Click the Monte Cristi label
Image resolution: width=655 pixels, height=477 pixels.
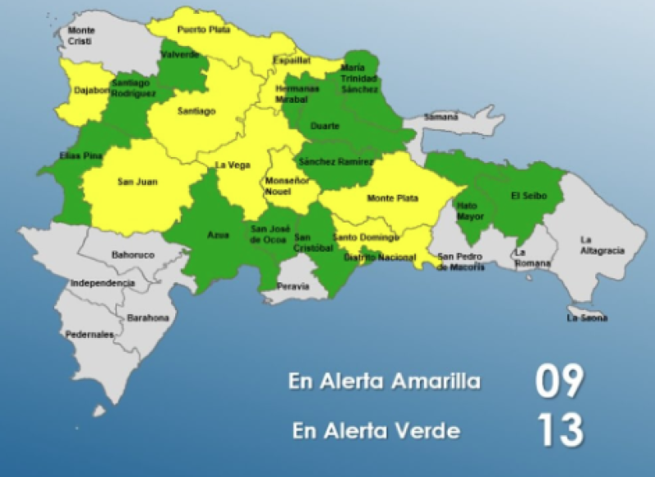point(81,35)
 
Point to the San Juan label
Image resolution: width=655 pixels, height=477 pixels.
point(137,182)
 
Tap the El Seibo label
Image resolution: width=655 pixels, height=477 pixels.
point(528,196)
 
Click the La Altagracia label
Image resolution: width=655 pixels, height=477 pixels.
point(602,245)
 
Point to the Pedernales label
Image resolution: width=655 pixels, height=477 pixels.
point(91,334)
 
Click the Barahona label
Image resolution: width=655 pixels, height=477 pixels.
point(147,317)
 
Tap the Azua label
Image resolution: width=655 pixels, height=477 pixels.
point(218,235)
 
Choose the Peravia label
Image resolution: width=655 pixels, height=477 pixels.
point(293,286)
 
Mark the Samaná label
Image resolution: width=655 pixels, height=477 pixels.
point(441,117)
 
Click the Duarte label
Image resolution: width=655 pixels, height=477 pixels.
point(325,126)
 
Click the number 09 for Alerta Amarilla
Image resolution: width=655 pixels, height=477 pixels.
point(559,381)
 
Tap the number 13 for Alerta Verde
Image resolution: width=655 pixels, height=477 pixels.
point(559,430)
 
